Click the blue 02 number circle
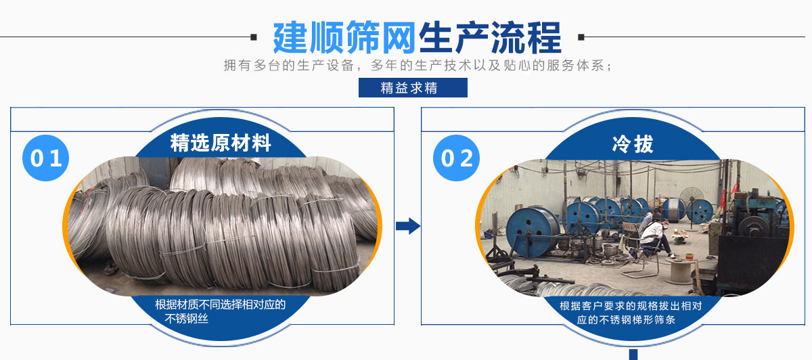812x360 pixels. coord(456,158)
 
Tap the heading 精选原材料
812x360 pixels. coord(221,143)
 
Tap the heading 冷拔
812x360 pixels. coord(633,143)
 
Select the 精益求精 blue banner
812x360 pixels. coord(412,88)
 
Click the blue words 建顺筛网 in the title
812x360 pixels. coord(344,37)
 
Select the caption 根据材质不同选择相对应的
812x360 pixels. coord(220,305)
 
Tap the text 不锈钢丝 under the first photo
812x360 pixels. coord(186,319)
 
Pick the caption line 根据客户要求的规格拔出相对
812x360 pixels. coord(631,306)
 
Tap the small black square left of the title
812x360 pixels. coord(254,37)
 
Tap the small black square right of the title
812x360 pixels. coord(581,37)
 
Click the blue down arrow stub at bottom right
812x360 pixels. coord(633,354)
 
